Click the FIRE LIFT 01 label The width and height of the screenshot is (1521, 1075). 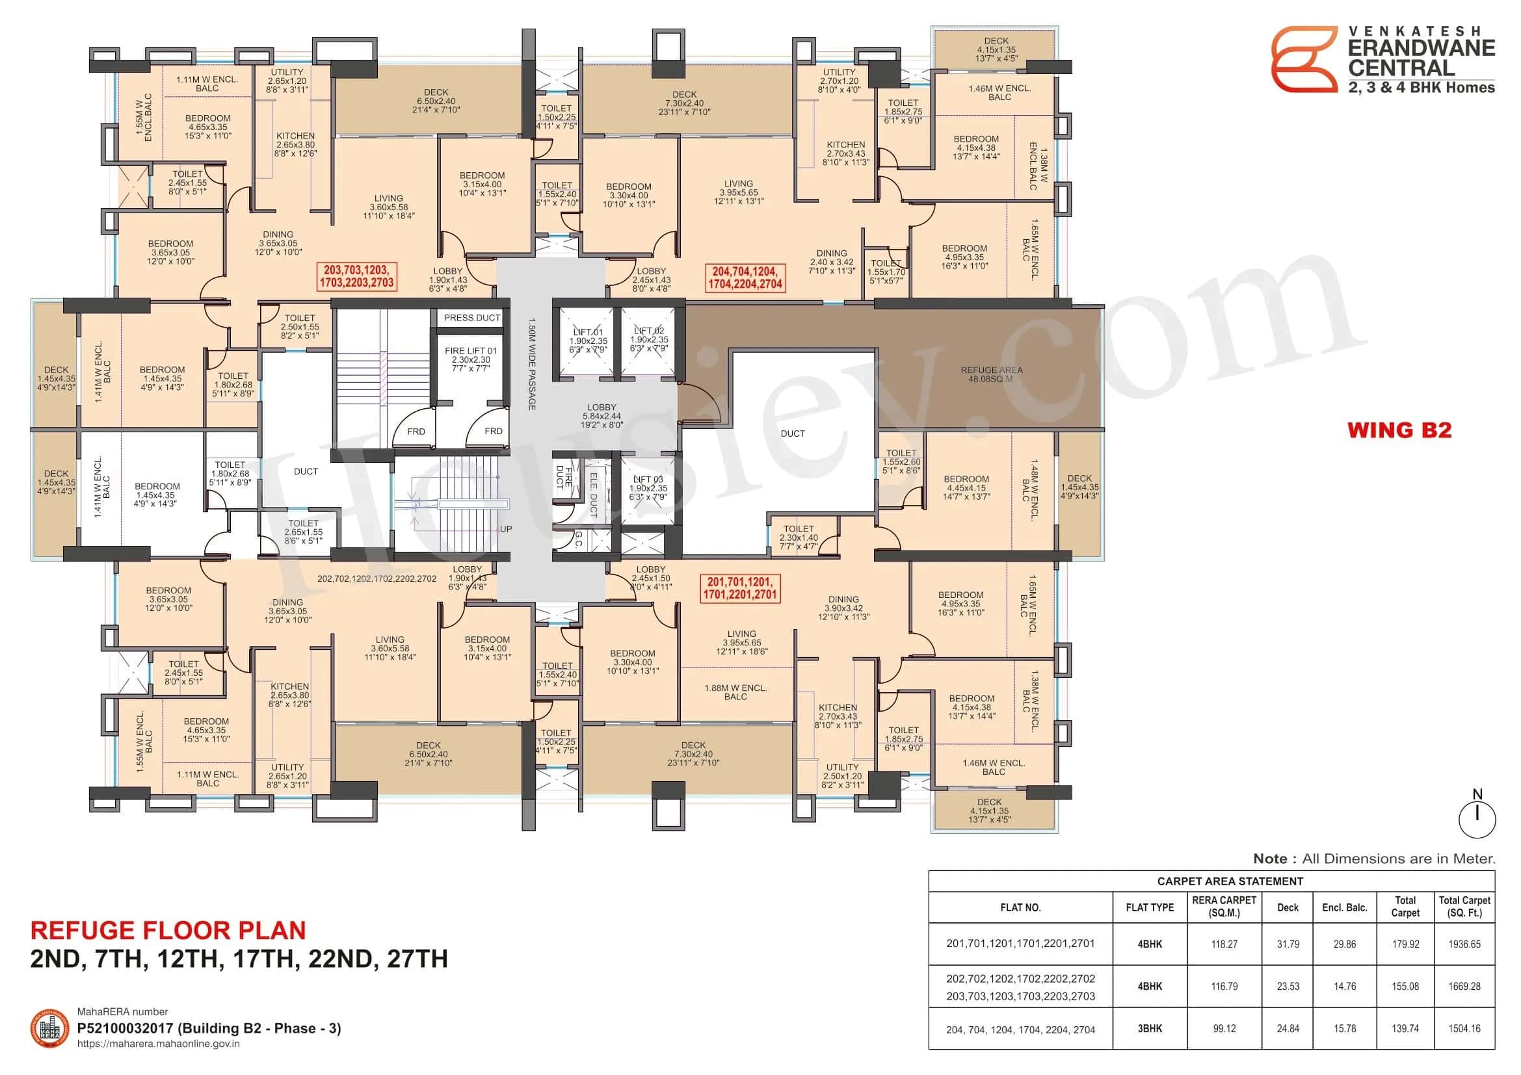coord(470,359)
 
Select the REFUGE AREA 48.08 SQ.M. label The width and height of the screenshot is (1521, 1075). coord(991,374)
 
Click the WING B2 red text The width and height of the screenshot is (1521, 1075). coord(1399,430)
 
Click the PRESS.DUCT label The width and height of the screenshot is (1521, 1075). coord(471,318)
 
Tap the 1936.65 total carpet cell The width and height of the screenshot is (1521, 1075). coord(1463,944)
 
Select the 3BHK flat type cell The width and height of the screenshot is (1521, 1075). coord(1149,1029)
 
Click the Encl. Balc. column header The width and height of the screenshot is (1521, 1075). coord(1344,907)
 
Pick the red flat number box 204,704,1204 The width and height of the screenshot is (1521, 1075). coord(745,278)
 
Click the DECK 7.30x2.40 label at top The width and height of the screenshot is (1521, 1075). coord(684,103)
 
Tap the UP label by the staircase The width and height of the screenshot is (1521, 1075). coord(506,529)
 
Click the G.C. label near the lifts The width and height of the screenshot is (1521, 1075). coord(577,539)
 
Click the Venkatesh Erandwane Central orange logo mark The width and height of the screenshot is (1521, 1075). coord(1304,59)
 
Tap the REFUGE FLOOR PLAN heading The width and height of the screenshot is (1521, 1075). coord(168,930)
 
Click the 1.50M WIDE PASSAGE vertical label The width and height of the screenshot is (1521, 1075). coord(531,364)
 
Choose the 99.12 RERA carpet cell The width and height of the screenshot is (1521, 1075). coord(1224,1029)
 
